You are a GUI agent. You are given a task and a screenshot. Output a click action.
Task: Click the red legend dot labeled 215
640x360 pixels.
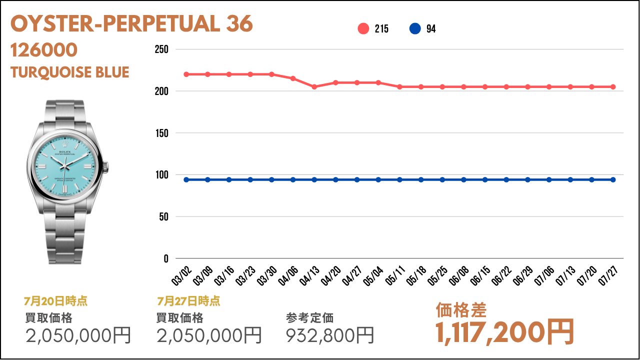363,28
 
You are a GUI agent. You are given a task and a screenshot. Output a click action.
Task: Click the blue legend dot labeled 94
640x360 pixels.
415,28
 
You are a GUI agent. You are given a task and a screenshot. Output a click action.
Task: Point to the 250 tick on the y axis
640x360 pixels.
161,49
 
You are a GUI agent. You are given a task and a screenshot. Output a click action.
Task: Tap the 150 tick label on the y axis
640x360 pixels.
161,133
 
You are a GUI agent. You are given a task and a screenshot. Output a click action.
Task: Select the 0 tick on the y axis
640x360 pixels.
166,259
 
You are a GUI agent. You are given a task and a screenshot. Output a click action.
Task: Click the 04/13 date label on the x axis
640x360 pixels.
309,275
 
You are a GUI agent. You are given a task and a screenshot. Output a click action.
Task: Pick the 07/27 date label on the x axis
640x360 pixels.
608,275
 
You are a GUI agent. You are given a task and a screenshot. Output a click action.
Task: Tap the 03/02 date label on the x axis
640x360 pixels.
181,275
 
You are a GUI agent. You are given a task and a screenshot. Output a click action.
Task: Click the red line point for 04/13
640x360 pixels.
314,87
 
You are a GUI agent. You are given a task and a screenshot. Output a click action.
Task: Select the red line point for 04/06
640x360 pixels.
293,78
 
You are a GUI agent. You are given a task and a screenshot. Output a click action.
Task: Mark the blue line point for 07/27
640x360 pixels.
613,179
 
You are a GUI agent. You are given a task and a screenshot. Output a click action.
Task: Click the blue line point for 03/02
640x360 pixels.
186,179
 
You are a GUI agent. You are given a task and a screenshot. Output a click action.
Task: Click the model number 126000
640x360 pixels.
44,50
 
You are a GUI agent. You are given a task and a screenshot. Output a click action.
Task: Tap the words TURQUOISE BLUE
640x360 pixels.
69,72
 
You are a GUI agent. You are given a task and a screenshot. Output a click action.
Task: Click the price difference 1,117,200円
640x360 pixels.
504,332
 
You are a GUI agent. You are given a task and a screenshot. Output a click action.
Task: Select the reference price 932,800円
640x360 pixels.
330,335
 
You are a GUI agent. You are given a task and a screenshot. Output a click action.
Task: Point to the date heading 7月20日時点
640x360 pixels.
55,301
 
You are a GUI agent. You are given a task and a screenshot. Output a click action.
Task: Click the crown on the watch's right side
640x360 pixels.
105,167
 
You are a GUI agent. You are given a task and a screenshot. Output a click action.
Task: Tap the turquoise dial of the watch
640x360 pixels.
65,166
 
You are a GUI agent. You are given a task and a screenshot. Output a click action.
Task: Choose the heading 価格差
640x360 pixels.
461,310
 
